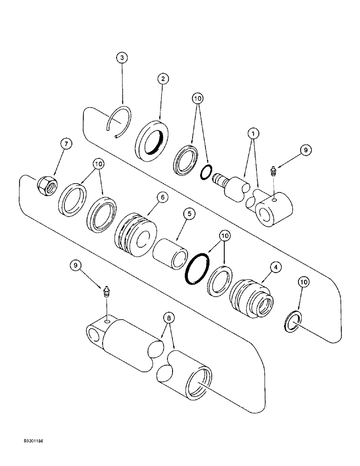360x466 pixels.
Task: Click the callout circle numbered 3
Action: [x=122, y=58]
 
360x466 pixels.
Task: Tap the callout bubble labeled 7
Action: [x=65, y=144]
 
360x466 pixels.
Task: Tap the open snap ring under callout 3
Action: [x=118, y=123]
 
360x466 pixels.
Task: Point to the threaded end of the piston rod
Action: [x=219, y=179]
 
